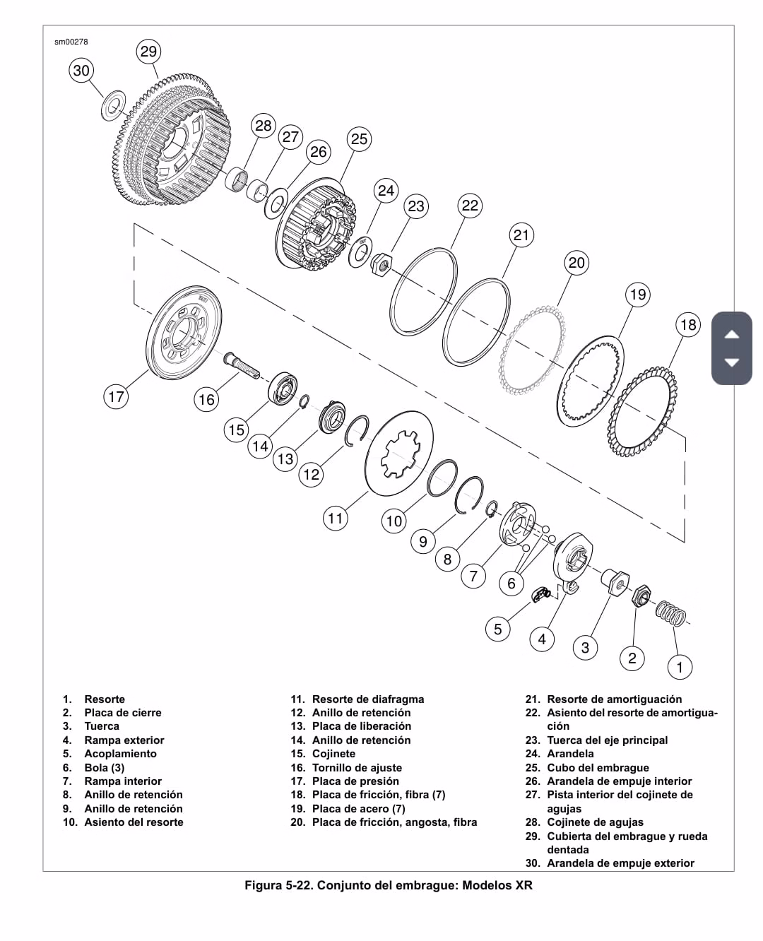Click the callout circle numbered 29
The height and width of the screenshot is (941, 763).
pos(148,52)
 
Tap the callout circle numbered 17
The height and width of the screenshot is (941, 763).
pos(116,396)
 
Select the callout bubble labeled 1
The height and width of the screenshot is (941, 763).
pos(680,667)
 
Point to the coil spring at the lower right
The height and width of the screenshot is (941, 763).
pos(670,613)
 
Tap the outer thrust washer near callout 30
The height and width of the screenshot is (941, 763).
pos(113,105)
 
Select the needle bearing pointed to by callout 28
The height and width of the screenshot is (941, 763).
pos(237,179)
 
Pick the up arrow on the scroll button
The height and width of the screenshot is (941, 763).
pos(732,334)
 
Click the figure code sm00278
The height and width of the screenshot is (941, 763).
pos(71,42)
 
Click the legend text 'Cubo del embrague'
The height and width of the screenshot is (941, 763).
pos(598,767)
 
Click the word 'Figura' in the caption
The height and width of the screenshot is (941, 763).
pos(264,885)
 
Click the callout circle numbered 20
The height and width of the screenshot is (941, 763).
pos(576,263)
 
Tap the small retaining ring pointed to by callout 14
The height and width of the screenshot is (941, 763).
pos(304,401)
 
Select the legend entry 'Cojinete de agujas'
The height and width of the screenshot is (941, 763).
pos(595,822)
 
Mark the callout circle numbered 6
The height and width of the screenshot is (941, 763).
pos(511,583)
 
